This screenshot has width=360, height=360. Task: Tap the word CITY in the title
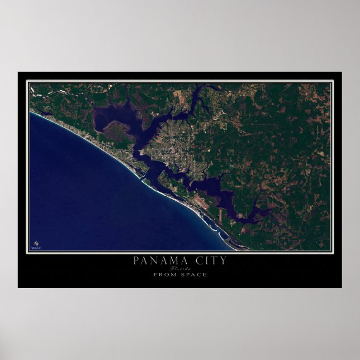[x=208, y=260]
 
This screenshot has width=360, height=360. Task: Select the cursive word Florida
[x=179, y=268]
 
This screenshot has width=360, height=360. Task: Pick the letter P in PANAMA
[x=136, y=260]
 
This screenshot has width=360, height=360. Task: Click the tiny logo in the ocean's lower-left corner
[x=35, y=243]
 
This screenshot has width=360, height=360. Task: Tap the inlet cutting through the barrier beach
[x=143, y=180]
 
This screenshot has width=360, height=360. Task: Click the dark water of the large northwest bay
[x=109, y=117]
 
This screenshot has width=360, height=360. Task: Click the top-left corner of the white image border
[x=28, y=82]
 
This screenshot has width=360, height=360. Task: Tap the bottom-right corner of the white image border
[x=332, y=252]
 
